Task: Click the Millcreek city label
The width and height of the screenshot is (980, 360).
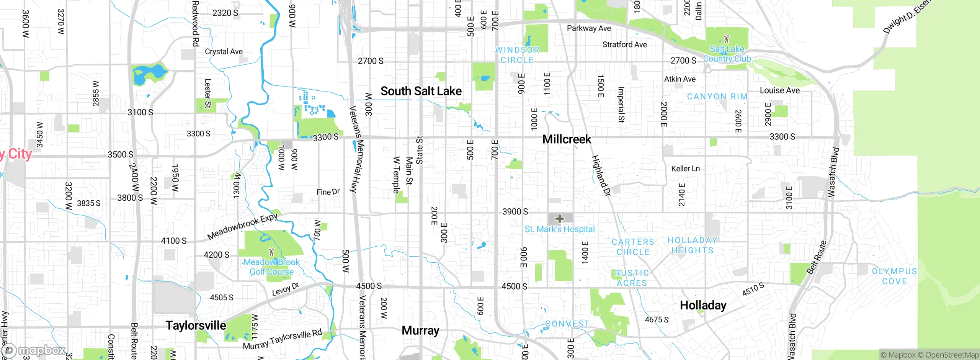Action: click(x=567, y=139)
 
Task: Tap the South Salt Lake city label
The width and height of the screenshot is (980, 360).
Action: click(x=421, y=91)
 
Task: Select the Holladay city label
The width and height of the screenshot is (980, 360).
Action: click(x=703, y=305)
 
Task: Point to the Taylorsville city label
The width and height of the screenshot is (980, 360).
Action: click(x=196, y=326)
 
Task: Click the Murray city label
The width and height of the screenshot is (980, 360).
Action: click(x=420, y=330)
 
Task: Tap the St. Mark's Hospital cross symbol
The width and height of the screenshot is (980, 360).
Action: click(x=560, y=219)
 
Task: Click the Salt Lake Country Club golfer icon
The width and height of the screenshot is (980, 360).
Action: click(x=727, y=39)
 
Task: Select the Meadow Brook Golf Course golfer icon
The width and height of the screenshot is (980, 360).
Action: click(x=271, y=252)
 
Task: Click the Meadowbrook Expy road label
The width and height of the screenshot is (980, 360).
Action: click(x=242, y=226)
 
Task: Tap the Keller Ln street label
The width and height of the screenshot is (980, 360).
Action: click(x=685, y=169)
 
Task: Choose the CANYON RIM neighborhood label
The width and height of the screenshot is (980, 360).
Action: click(x=717, y=97)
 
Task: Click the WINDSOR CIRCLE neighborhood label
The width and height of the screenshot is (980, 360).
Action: click(x=517, y=55)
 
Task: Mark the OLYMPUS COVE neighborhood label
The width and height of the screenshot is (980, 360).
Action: click(x=894, y=276)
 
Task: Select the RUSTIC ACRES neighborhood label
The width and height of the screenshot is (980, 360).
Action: click(x=632, y=278)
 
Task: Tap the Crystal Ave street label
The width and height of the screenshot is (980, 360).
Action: click(x=224, y=52)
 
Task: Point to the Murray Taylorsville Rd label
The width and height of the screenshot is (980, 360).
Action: click(x=282, y=340)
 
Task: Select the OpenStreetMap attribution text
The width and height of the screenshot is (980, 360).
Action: click(x=952, y=355)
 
